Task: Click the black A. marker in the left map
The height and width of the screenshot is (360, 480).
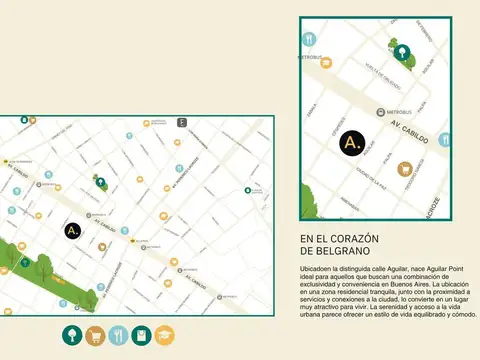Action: click(x=72, y=230)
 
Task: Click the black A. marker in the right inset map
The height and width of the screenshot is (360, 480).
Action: click(x=351, y=144)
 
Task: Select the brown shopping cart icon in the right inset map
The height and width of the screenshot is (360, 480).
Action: click(x=405, y=169)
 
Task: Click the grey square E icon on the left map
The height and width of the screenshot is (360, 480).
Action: click(x=181, y=123)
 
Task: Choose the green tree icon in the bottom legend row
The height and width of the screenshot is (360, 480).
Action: click(x=72, y=336)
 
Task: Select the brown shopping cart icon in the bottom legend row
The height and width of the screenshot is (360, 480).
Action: click(x=95, y=336)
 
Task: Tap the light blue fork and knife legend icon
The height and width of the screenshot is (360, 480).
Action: click(x=118, y=336)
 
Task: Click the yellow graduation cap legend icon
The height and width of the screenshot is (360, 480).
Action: click(x=164, y=336)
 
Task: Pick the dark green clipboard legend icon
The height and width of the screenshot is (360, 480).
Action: click(x=141, y=336)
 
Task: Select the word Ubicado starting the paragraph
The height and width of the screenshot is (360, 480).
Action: click(x=314, y=271)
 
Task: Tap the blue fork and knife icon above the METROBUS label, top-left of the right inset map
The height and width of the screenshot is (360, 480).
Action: click(x=309, y=39)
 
